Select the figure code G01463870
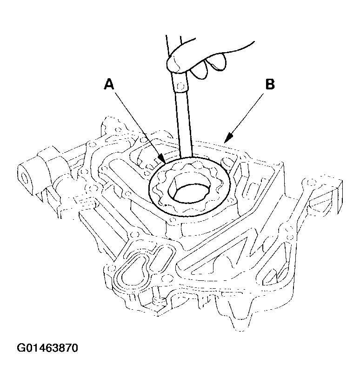47,348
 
